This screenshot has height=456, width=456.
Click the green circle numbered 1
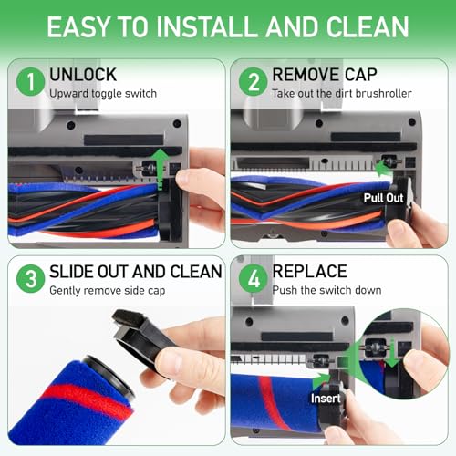pos(31,82)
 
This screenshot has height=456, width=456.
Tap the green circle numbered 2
pos(254,82)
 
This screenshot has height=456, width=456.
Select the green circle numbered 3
pos(31,278)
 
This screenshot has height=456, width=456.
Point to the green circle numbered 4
pos(254,278)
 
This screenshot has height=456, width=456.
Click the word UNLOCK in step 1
pos(83,75)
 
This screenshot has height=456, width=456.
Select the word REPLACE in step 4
pos(309,271)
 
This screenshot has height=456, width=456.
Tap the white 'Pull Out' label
pos(383,198)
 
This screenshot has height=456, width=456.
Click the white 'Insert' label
pos(326,399)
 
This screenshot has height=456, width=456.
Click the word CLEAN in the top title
pos(368,26)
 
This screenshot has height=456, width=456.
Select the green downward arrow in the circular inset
pos(392,353)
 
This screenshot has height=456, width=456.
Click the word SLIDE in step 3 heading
pos(72,271)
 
